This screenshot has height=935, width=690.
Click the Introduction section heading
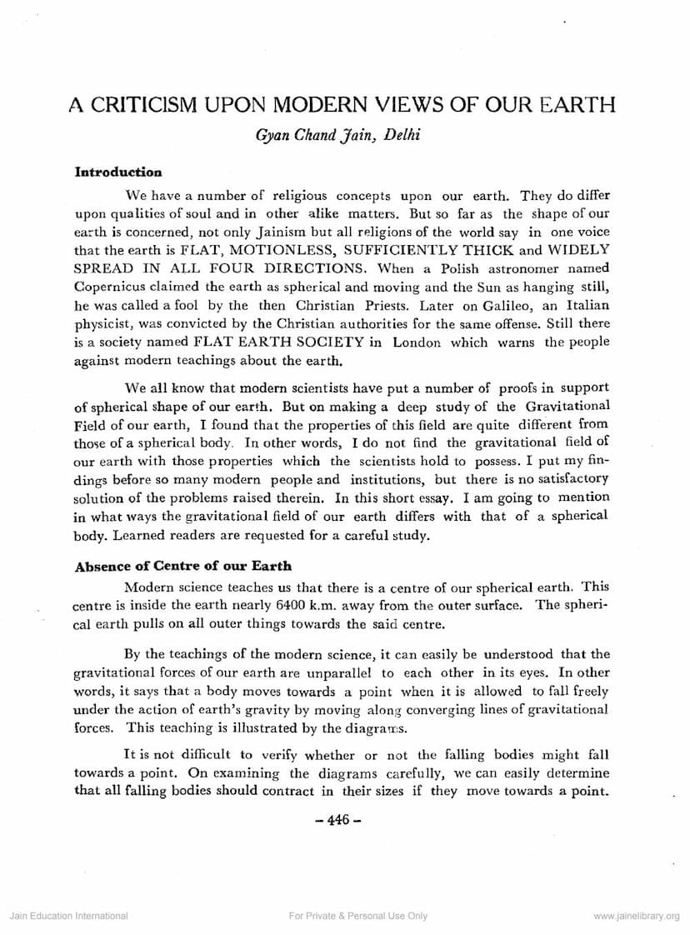pos(118,172)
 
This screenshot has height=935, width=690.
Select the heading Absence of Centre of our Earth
pos(183,566)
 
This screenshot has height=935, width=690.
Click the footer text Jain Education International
pos(68,916)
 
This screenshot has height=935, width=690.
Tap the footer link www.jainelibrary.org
pos(637,916)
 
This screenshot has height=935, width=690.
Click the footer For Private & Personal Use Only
pos(357,916)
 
